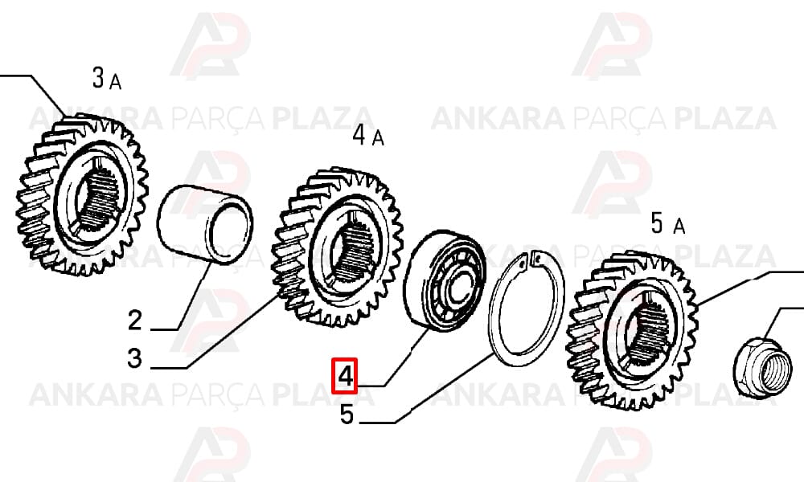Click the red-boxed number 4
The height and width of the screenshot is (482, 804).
click(345, 376)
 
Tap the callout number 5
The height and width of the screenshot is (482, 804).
click(347, 415)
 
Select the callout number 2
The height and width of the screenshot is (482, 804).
click(135, 321)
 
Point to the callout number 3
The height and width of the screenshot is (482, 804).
click(134, 358)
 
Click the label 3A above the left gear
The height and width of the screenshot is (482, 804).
click(107, 79)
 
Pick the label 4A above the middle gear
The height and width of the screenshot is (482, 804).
click(368, 136)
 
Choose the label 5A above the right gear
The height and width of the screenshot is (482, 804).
click(667, 224)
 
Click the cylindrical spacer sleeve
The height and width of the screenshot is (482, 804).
click(204, 224)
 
